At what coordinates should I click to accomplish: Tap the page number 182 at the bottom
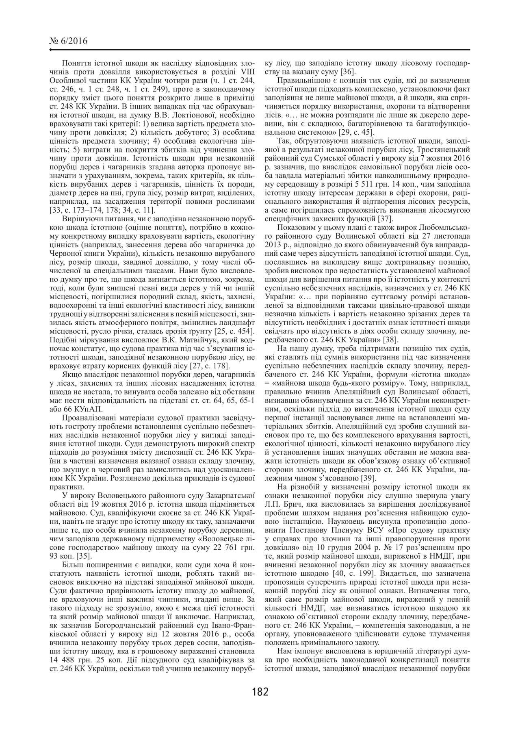click(x=260, y=691)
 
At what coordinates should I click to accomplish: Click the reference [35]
click(x=82, y=556)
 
